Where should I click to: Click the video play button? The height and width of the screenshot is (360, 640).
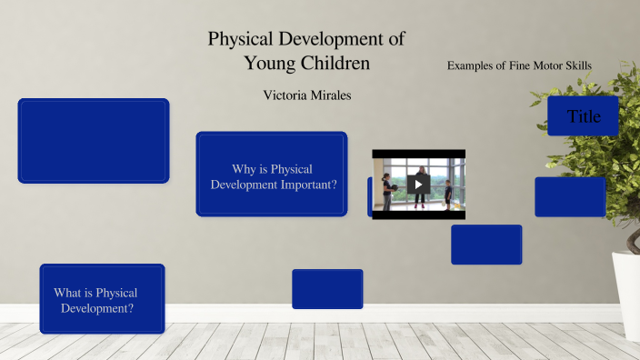point(418,184)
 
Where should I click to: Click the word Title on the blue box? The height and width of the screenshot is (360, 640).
point(584,116)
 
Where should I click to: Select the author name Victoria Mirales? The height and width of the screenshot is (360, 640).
point(306,95)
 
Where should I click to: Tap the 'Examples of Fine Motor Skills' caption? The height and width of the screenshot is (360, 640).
point(519,66)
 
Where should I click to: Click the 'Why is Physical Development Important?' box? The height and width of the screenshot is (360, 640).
point(272,175)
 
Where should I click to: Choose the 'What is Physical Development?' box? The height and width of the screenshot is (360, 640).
point(102,300)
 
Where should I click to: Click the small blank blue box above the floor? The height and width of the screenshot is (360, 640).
point(327,289)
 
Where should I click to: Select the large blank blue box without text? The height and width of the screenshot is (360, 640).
point(94,141)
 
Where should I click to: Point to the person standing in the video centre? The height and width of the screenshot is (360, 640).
point(421,183)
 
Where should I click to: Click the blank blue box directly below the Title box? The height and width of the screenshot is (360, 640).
point(570,197)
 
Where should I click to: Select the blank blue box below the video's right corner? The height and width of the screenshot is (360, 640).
point(486,245)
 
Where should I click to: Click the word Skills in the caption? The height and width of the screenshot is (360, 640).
point(578,66)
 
